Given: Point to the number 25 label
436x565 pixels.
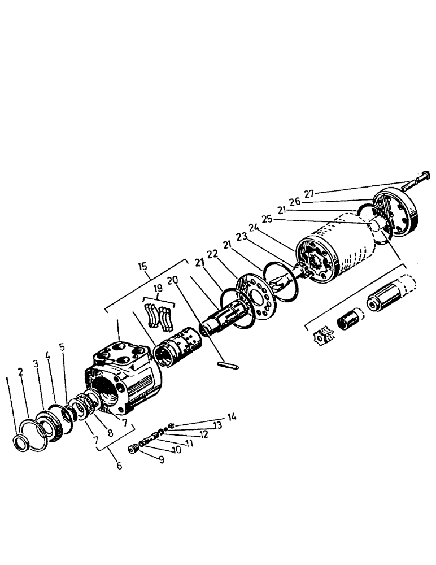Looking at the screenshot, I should (x=268, y=219).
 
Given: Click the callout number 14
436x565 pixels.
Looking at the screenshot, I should (x=231, y=417).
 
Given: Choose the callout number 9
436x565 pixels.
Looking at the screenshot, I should (x=161, y=460).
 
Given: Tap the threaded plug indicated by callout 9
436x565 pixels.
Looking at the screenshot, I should (x=133, y=449).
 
